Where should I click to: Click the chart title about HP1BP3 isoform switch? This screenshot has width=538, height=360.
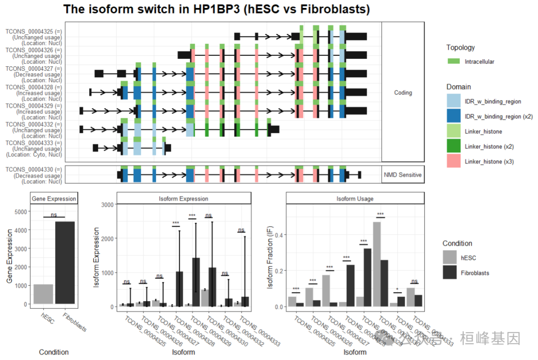217,9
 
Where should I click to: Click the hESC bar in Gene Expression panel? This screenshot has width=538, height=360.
43,294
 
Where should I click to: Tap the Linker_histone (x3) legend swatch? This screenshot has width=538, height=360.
454,161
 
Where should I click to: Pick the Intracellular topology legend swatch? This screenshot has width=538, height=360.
454,61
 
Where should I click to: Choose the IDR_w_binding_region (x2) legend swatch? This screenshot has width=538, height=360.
454,116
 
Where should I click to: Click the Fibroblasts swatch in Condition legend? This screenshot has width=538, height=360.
450,272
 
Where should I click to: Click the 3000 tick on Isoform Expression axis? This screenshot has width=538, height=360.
107,205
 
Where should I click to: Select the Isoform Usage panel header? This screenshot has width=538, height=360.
355,199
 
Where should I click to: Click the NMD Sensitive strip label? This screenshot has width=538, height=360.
403,175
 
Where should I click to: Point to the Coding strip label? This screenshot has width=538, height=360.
403,93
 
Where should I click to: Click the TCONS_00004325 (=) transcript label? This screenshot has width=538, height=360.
33,31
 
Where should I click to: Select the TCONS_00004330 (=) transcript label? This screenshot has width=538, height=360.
33,170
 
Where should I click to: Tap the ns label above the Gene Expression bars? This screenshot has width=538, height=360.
54,214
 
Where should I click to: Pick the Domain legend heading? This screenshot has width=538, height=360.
458,87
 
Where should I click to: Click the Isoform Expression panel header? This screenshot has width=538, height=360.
183,199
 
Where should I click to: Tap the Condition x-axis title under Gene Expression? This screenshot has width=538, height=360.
54,352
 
